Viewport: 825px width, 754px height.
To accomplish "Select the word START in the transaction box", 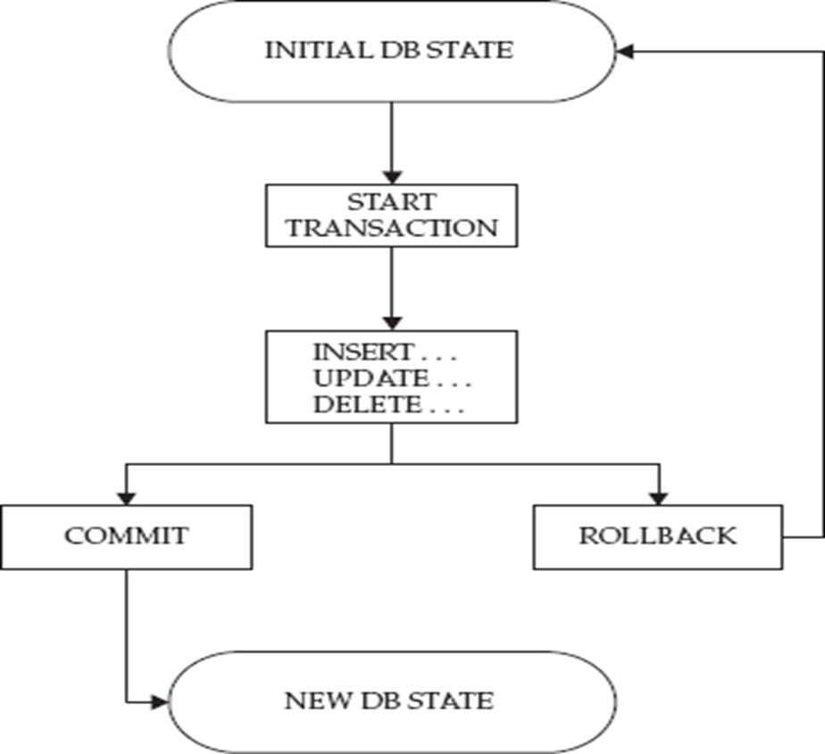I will point(390,201).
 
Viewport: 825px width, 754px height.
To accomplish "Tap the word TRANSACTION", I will point(391,228).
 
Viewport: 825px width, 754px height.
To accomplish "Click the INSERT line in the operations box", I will point(363,351).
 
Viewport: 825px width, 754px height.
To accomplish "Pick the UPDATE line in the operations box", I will point(368,377).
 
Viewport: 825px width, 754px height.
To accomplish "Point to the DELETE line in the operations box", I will point(367,404).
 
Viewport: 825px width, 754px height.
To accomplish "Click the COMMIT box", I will point(126,536).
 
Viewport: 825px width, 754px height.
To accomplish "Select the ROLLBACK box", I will point(658,536).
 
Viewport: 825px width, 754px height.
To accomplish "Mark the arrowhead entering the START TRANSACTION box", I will point(391,177).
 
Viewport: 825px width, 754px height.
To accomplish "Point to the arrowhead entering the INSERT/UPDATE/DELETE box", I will point(391,323).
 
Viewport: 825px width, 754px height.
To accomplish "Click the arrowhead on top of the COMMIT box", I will point(126,497).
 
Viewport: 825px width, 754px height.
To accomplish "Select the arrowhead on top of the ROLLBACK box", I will point(659,497).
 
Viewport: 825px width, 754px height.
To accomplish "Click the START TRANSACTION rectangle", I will point(391,214).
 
